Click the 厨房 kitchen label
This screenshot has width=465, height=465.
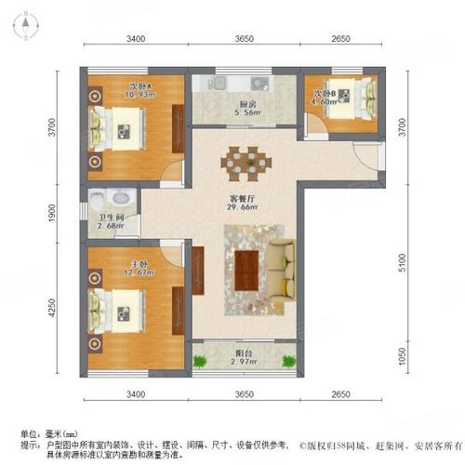(x=247, y=105)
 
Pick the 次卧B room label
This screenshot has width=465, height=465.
(x=324, y=92)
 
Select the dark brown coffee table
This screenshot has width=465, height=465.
(x=247, y=270)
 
